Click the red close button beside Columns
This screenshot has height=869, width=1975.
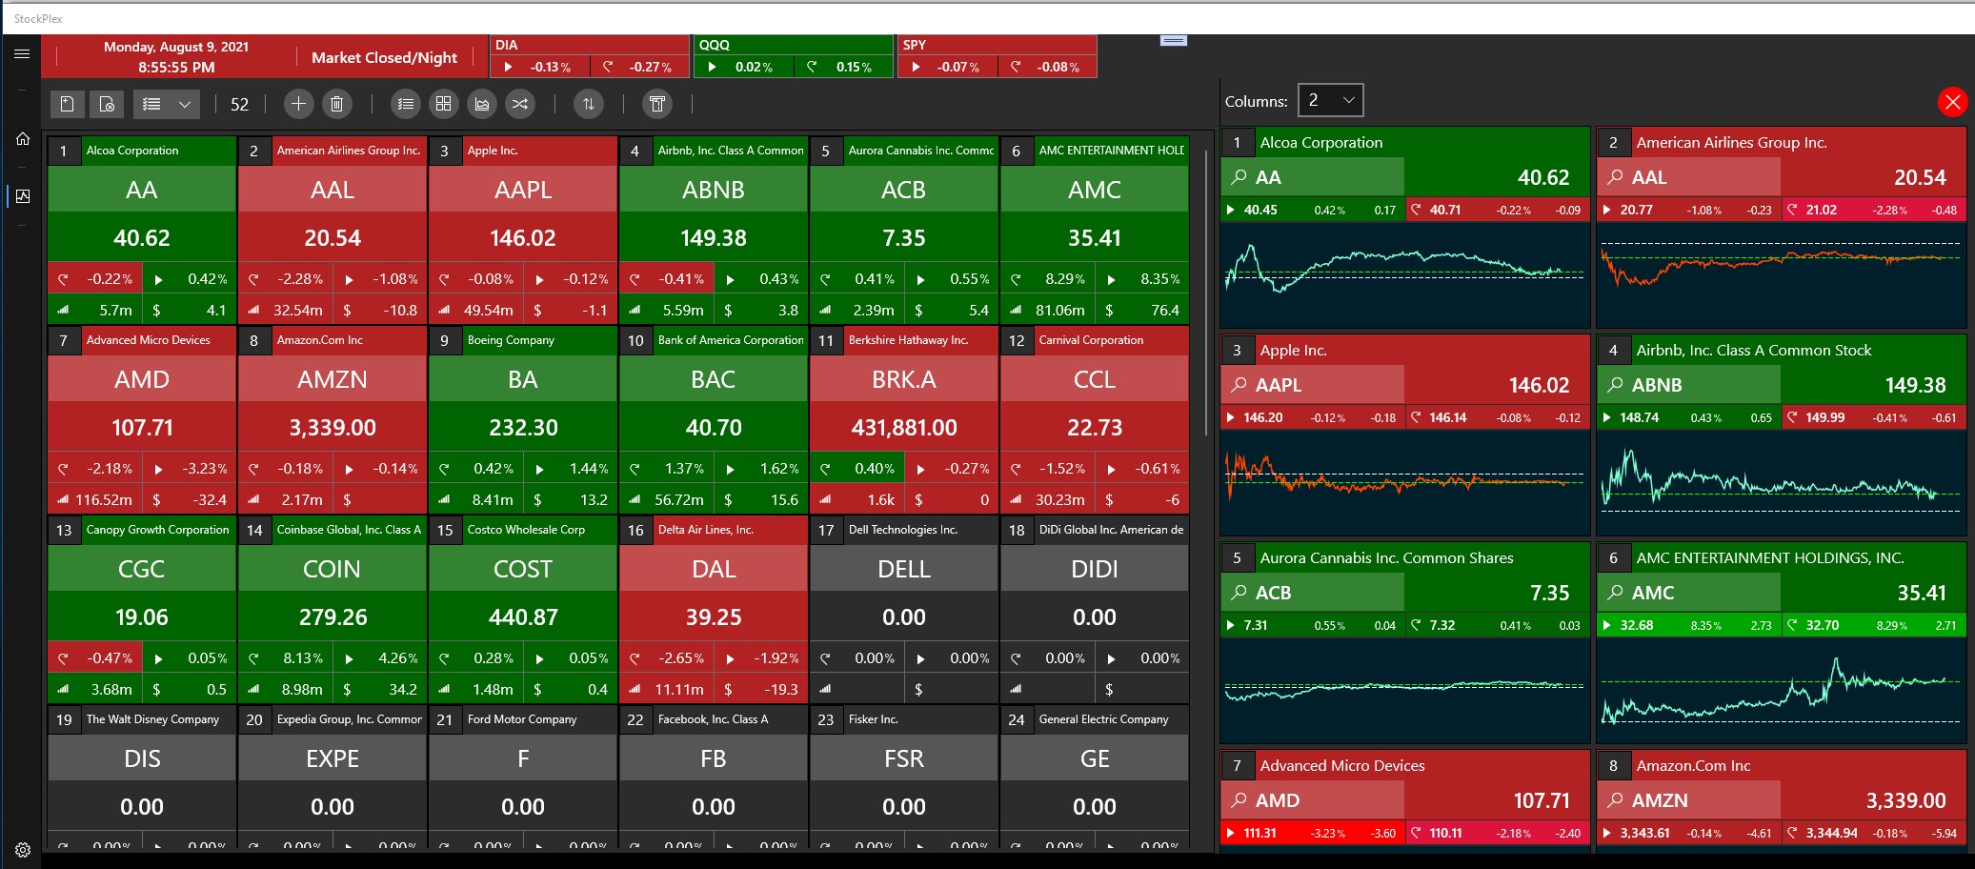coord(1952,102)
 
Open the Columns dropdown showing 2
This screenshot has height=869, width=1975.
coord(1330,100)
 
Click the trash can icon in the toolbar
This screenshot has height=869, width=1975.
coord(336,104)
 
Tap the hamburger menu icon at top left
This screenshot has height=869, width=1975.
coord(22,54)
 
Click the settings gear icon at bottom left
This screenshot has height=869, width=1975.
coord(23,850)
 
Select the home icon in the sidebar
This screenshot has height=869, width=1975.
coord(23,139)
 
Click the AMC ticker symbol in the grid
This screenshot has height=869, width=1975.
coord(1094,190)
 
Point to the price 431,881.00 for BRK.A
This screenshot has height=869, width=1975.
coord(903,428)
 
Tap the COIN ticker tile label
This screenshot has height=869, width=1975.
coord(332,569)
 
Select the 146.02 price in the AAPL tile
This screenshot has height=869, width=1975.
coord(522,238)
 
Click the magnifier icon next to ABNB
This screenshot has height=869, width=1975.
coord(1615,385)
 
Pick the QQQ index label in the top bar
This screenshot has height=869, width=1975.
coord(715,45)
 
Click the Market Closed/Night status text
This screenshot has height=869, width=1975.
coord(384,57)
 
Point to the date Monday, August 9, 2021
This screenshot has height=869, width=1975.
coord(176,47)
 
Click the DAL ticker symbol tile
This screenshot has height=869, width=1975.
coord(713,569)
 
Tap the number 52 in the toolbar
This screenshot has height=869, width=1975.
coord(239,105)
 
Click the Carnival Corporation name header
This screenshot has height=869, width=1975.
coord(1091,340)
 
